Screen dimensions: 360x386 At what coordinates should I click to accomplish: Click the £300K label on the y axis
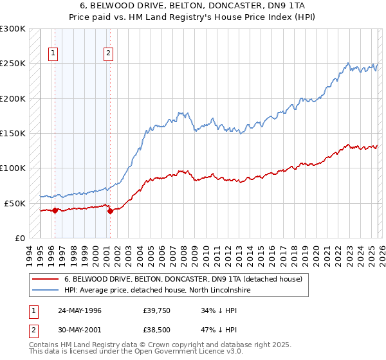[12, 29]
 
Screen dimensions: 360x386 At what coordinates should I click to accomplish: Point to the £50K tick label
[15, 203]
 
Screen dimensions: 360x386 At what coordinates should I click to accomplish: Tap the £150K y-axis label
[12, 134]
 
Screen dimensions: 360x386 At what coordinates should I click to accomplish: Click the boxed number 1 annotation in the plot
[53, 54]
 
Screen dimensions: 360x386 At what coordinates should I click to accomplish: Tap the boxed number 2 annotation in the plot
[108, 54]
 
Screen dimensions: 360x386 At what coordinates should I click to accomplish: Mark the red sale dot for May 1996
[55, 210]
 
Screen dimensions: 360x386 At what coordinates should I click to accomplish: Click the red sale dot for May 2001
[110, 211]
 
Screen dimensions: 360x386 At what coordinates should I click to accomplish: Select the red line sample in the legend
[46, 280]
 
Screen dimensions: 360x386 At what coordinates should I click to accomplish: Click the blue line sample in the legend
[46, 291]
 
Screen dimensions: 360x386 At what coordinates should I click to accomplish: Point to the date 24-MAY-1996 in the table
[80, 310]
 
